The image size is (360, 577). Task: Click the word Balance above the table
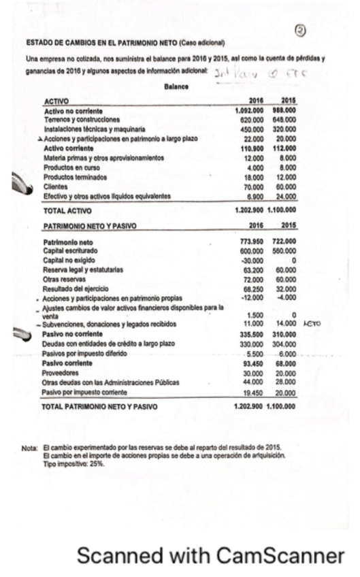pos(178,87)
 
